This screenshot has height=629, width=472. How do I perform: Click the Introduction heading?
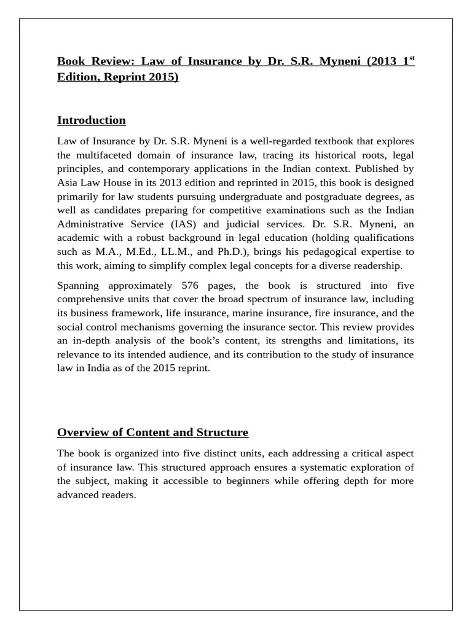[91, 120]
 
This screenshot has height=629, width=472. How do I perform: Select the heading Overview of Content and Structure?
[152, 432]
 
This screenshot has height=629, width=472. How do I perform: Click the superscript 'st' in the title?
[411, 58]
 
